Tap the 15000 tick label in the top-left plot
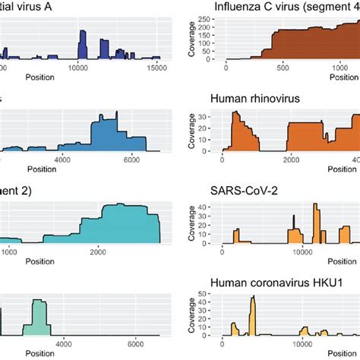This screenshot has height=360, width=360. coord(156,68)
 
